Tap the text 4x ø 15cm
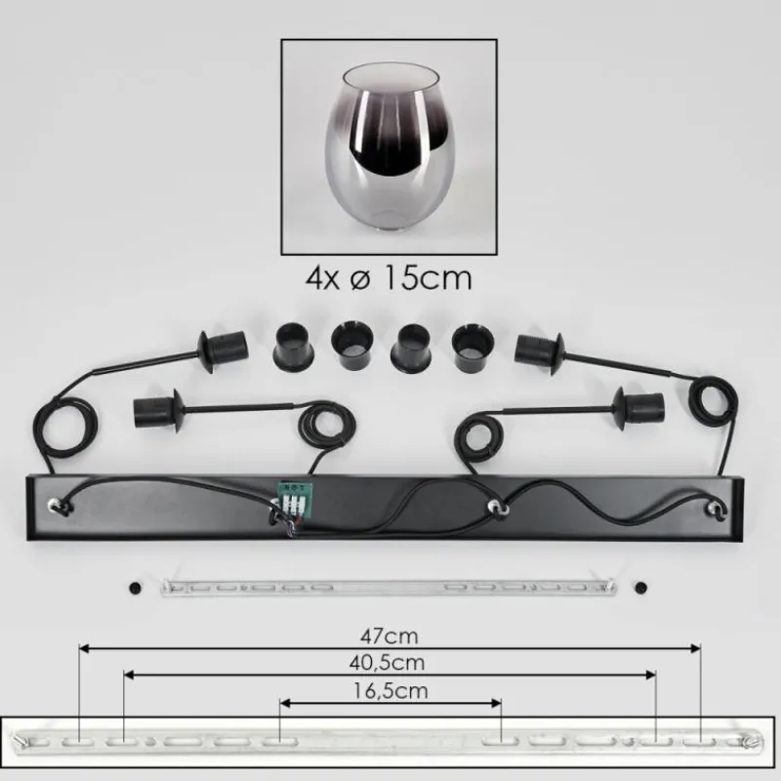click(389, 278)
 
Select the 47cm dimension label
click(389, 637)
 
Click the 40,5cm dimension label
click(387, 663)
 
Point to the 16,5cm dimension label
click(390, 691)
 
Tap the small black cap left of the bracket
click(135, 588)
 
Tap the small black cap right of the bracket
click(641, 588)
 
